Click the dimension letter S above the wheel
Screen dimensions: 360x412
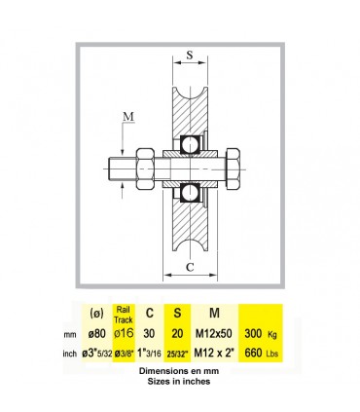[190, 55]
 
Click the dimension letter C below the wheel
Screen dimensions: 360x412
[190, 267]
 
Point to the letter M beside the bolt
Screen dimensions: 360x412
[128, 116]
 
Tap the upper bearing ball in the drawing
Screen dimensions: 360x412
[190, 145]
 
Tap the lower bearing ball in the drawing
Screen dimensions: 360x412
[190, 193]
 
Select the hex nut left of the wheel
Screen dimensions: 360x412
[145, 169]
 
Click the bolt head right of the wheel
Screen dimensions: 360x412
[233, 169]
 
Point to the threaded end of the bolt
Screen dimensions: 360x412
[123, 169]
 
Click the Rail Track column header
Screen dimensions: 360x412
[124, 315]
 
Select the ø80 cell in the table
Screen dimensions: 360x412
[96, 333]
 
